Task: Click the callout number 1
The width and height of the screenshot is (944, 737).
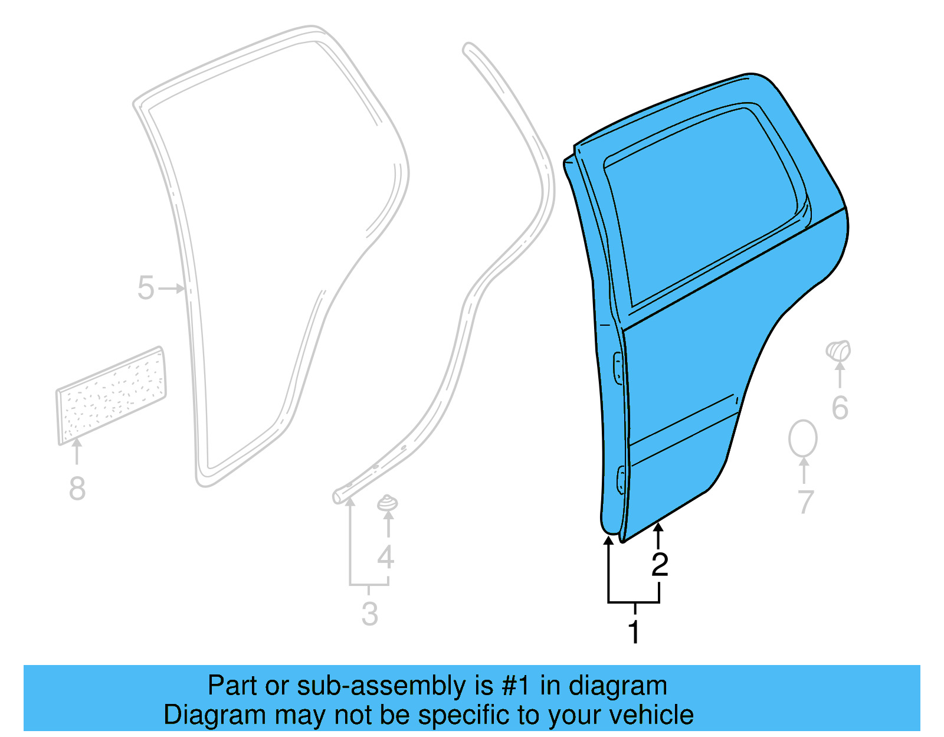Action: point(634,632)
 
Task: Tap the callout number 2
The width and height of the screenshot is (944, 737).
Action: point(660,565)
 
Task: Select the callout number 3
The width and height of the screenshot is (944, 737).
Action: point(369,614)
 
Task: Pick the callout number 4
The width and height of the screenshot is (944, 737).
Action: point(385,557)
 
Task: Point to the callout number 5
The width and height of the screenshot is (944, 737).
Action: point(146,289)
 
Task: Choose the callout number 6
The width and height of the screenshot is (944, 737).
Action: point(840,408)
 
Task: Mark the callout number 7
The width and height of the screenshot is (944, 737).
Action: point(805,502)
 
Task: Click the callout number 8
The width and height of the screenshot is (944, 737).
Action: point(77,489)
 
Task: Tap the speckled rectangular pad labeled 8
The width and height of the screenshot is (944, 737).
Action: point(111,394)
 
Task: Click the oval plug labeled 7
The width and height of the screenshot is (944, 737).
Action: point(803,438)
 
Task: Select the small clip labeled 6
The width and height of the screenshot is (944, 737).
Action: point(838,351)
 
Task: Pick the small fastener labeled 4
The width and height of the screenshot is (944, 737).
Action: point(387,504)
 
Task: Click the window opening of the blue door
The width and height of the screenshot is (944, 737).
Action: point(702,207)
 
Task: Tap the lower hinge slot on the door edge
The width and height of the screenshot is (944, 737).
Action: point(621,479)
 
